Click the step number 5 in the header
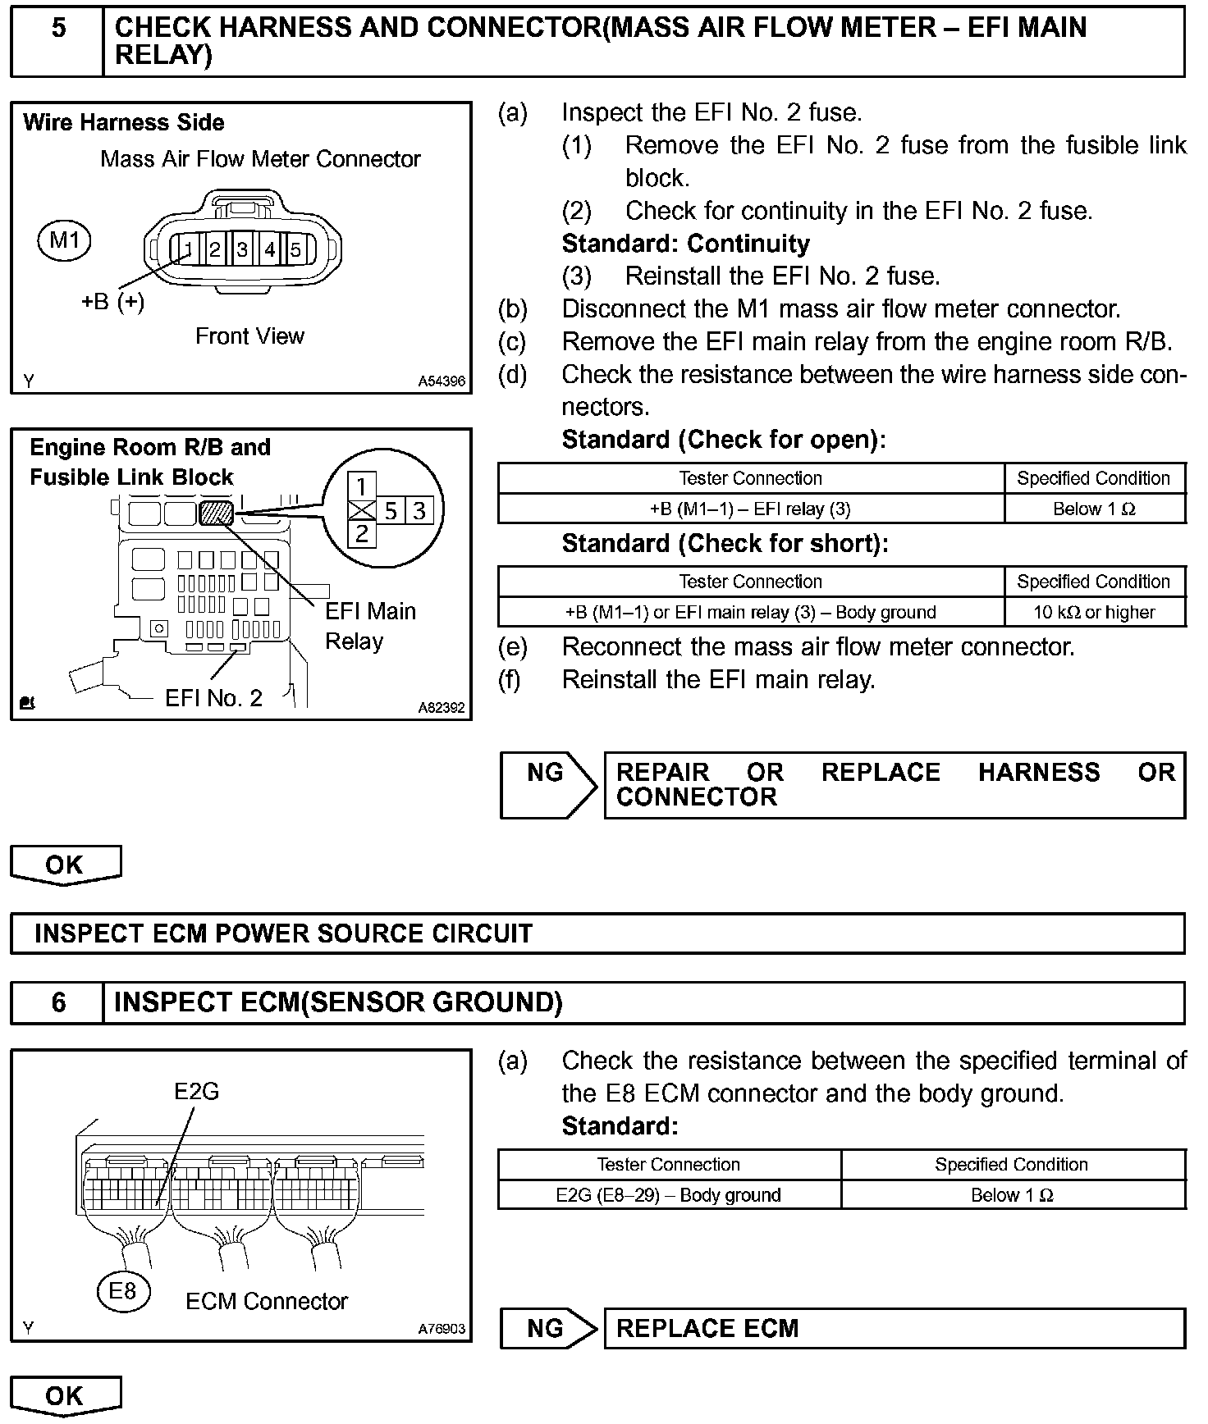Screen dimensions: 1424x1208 [58, 30]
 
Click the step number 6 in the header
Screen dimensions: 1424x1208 [58, 1002]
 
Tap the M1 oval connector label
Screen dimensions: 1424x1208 [64, 240]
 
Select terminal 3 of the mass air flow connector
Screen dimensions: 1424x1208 [242, 249]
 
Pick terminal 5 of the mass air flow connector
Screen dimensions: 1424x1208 [295, 249]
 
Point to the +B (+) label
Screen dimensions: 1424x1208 [112, 302]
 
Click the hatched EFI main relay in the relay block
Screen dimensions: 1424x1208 [217, 513]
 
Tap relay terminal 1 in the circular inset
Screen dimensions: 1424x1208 [361, 486]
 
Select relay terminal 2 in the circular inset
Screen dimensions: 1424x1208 [361, 535]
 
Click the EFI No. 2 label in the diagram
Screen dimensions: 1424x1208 [213, 698]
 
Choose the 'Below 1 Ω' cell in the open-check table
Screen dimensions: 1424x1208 [1094, 509]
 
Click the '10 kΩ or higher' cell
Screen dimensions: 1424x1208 [1094, 612]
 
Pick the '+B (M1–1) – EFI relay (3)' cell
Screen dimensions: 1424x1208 [750, 509]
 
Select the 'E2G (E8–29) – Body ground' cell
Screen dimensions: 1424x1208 [668, 1195]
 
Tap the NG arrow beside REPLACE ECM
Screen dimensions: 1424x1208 [548, 1328]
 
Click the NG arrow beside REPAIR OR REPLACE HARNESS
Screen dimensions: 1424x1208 [548, 784]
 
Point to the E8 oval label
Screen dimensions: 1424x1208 [122, 1292]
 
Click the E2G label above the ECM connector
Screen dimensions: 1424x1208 [197, 1092]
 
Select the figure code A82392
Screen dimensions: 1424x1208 [441, 707]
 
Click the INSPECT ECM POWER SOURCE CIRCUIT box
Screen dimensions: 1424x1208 [597, 933]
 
